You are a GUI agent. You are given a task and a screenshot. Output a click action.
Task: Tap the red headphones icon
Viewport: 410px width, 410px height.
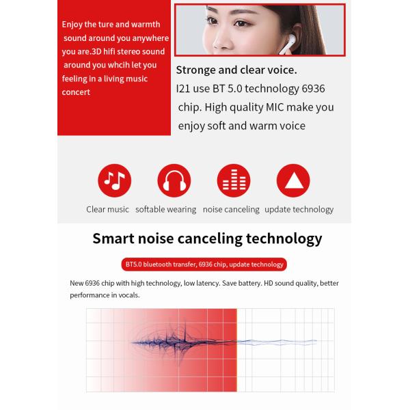[174, 180]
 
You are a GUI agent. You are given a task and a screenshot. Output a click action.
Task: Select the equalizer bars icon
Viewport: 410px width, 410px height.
[233, 180]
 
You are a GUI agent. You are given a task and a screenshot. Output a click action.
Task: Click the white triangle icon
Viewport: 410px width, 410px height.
[292, 180]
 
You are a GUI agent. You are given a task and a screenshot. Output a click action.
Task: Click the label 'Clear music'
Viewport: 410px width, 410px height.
[107, 210]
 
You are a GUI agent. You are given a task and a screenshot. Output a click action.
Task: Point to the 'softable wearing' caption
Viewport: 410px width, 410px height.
[165, 210]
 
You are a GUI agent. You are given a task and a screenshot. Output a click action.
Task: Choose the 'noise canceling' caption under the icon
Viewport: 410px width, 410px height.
[231, 210]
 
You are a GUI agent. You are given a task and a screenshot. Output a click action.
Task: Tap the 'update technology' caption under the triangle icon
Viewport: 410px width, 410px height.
[299, 210]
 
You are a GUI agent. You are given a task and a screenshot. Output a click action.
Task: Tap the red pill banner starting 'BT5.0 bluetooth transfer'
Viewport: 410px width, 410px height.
[204, 264]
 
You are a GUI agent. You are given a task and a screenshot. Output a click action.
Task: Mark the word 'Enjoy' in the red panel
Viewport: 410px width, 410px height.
[74, 25]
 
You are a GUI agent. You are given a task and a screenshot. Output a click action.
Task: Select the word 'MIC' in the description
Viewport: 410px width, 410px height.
[281, 107]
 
